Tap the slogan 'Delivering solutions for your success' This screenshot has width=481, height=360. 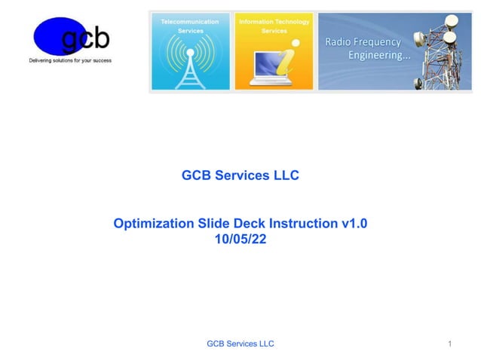coord(70,60)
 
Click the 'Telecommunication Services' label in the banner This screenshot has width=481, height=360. coord(190,26)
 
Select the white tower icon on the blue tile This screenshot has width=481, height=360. coord(190,64)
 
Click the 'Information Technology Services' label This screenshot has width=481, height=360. coord(274,26)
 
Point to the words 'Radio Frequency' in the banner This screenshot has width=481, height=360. coord(363,42)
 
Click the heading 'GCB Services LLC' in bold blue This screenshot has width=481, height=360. coord(240,175)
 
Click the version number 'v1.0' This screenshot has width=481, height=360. coord(354,224)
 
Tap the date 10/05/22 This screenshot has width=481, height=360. coord(240,239)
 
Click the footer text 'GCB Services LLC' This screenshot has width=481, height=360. coord(240,344)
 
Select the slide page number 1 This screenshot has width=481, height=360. coord(449,344)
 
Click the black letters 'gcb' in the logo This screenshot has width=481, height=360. coord(84,38)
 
